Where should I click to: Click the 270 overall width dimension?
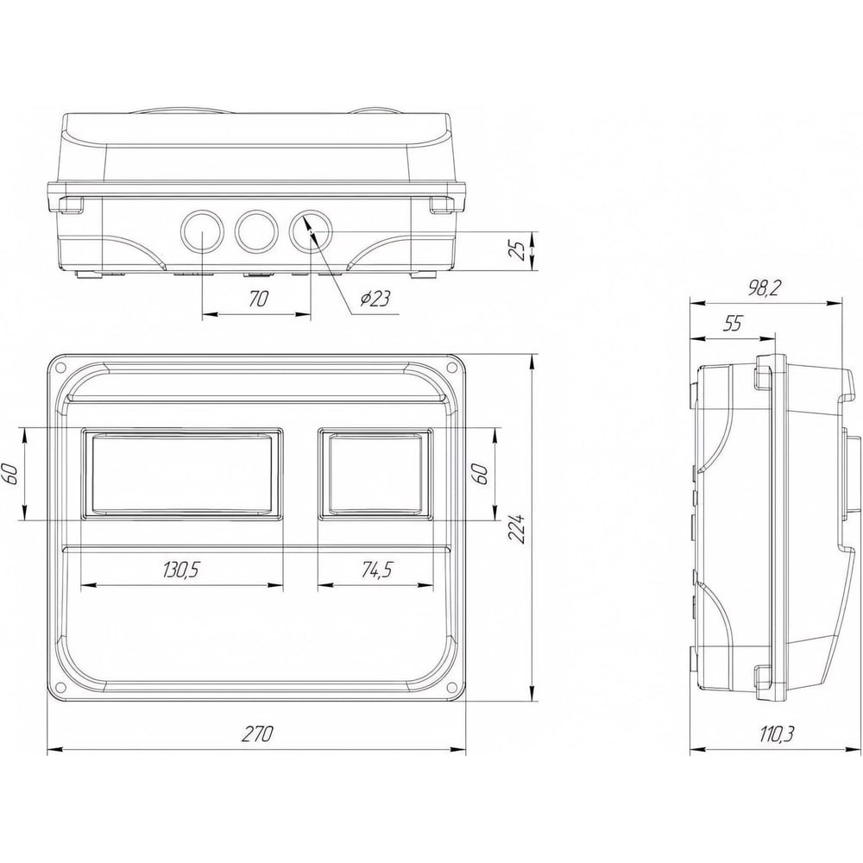coord(257,734)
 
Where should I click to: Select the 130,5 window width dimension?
coord(180,570)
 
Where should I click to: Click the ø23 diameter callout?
coord(375,299)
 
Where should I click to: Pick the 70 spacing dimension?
coord(258,299)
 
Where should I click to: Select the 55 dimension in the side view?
coord(733,324)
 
